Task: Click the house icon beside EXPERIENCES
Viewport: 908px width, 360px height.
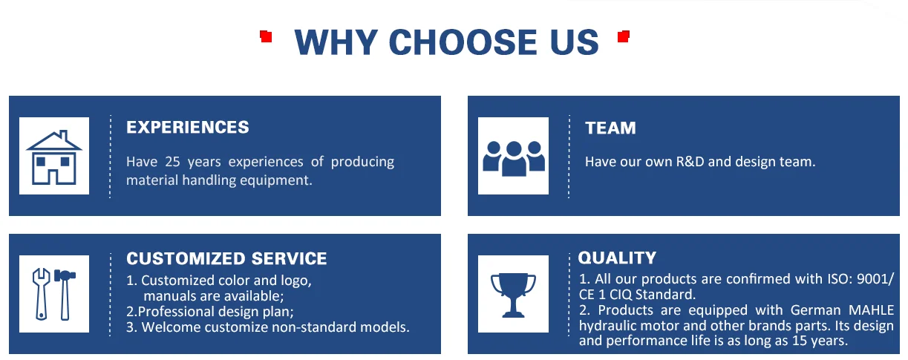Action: point(53,157)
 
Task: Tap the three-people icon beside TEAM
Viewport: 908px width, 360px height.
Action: point(513,157)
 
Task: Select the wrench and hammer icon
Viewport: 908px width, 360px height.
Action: point(53,293)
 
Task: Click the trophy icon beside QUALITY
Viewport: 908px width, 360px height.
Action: point(513,293)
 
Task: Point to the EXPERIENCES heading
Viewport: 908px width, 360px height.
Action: point(187,128)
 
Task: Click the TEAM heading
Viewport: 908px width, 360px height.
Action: point(610,128)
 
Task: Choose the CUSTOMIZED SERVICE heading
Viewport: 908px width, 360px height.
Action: point(226,259)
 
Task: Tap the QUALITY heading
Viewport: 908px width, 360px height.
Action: point(617,258)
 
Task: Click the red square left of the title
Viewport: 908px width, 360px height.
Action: point(266,35)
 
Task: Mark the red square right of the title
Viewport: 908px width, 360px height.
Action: point(624,35)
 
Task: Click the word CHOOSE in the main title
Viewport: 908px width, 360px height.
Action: point(452,42)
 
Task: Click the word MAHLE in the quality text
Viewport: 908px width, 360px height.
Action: point(871,310)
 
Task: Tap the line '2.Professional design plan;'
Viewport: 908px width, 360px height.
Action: point(210,312)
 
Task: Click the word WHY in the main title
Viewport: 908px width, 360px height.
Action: point(336,42)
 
